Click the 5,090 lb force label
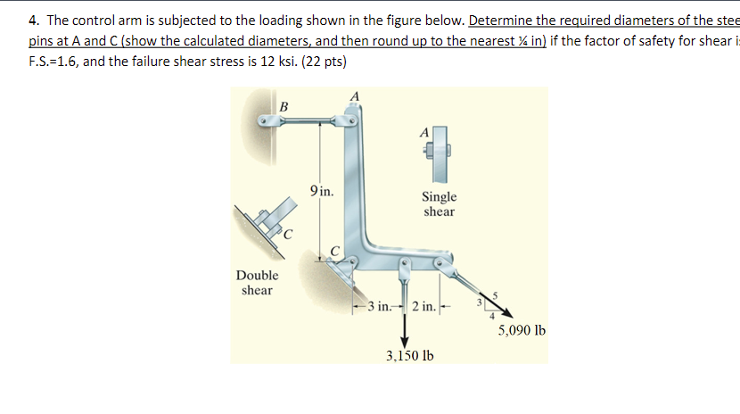[522, 330]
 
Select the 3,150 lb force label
[410, 355]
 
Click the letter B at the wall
[284, 107]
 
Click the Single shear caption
[439, 204]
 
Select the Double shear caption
[257, 283]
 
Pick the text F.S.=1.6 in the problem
[58, 62]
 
